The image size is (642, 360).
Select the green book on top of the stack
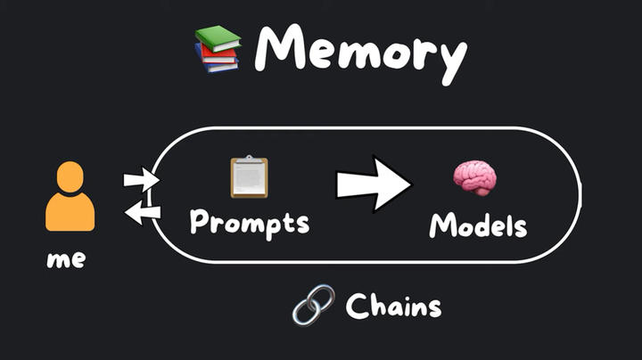coord(219,37)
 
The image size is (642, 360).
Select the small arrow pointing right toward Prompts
coord(138,180)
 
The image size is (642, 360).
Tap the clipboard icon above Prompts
coord(249,176)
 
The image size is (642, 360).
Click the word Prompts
coord(250,221)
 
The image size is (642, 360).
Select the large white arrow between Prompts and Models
coord(373,184)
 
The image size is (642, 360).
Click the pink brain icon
coord(474,178)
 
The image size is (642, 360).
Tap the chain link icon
coord(313,305)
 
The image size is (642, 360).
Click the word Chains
coord(392,307)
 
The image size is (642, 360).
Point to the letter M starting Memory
coord(276,48)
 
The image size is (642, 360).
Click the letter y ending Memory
coord(451,58)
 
